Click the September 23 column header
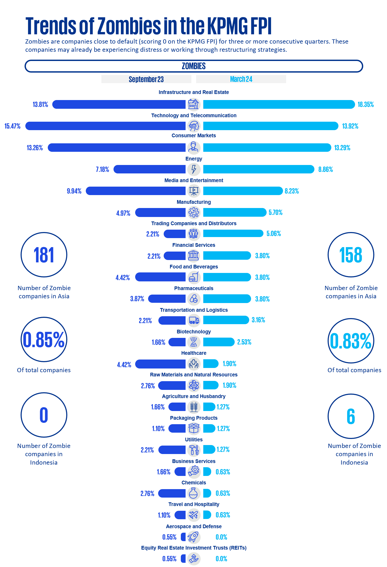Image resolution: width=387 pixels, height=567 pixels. tap(146, 79)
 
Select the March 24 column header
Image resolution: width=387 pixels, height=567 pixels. tap(241, 79)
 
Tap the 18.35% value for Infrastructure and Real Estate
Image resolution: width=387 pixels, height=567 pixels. tap(366, 105)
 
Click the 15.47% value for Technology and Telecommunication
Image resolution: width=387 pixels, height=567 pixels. tap(12, 126)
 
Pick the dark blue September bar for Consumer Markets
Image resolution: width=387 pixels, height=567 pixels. tap(117, 148)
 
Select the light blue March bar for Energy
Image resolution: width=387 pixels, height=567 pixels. tap(258, 169)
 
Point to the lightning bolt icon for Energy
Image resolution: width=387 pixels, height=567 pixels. tap(194, 169)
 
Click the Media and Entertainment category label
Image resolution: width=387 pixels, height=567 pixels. tap(194, 180)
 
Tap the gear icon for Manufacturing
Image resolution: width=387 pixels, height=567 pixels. tap(194, 212)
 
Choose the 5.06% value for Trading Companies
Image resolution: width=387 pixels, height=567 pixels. tap(274, 234)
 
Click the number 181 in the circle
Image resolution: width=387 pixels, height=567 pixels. tap(44, 255)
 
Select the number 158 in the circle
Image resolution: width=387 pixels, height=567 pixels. tap(351, 255)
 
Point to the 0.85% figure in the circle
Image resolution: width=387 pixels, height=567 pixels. tap(44, 340)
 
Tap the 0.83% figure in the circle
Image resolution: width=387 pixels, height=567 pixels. tap(351, 341)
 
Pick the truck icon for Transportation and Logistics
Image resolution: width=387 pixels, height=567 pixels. tap(194, 320)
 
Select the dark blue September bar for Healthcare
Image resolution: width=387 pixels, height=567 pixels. tap(161, 364)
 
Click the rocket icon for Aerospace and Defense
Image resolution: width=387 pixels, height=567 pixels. tap(194, 537)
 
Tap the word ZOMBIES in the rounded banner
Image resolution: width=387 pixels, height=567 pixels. tap(193, 66)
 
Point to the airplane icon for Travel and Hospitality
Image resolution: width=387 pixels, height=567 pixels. tap(194, 515)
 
